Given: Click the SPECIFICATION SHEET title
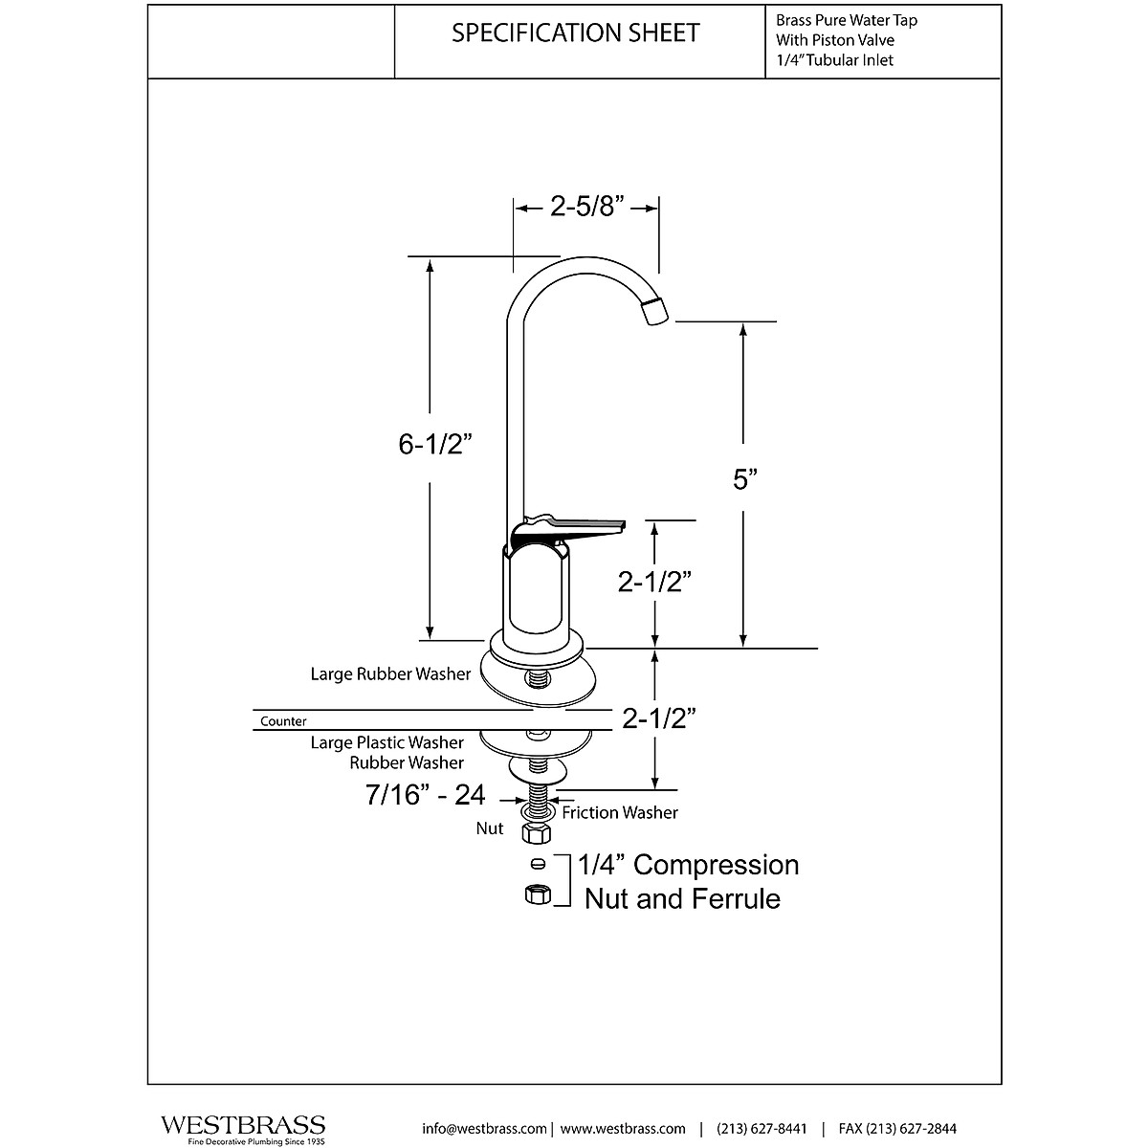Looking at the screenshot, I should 575,33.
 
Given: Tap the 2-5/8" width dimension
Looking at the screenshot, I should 586,207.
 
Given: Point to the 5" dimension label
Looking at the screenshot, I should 744,479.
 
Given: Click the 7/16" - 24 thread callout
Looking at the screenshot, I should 425,794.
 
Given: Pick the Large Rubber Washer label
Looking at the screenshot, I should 390,673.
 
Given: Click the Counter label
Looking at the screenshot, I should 283,721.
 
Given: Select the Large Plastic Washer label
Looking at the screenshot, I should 387,742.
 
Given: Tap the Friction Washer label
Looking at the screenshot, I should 620,812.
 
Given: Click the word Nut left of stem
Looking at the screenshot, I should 490,828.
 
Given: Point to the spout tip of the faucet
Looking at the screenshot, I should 655,312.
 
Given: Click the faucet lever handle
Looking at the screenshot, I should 574,526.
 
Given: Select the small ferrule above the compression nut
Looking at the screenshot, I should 537,865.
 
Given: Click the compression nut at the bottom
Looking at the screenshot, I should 537,894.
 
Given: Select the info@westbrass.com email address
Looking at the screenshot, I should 484,1128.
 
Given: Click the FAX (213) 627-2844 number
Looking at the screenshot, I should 897,1128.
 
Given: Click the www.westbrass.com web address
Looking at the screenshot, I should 623,1128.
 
